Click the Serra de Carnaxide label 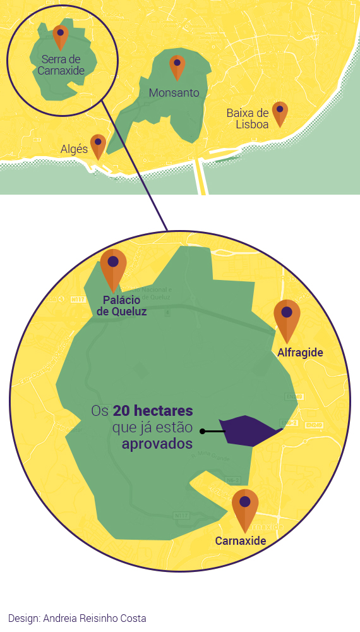tap(61, 64)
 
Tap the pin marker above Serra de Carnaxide tap(61, 36)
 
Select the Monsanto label tap(174, 93)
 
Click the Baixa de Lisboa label tap(248, 118)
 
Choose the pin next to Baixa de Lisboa tap(280, 112)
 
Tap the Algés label tap(74, 149)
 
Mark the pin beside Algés tap(97, 145)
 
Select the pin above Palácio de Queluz tap(114, 267)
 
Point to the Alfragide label tap(300, 353)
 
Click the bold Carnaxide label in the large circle tap(240, 541)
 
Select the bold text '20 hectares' tap(153, 411)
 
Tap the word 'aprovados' tap(157, 444)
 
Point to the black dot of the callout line tap(202, 432)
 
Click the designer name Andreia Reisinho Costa tap(94, 618)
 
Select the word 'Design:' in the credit tap(24, 618)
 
